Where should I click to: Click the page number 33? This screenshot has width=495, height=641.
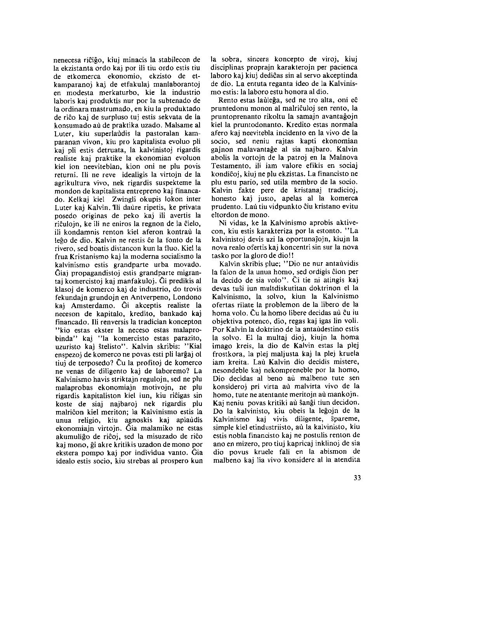357,478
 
